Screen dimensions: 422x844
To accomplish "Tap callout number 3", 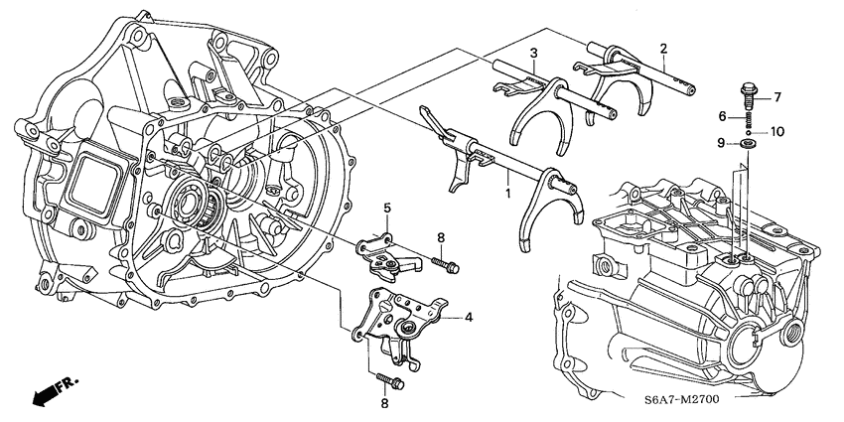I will [x=533, y=53].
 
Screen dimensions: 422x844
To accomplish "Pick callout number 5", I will [x=389, y=208].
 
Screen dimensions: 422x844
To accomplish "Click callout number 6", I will [x=724, y=116].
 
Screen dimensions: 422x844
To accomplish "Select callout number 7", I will [x=777, y=96].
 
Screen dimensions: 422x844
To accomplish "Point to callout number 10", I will [x=777, y=131].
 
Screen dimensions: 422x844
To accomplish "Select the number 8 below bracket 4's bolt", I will [x=385, y=403].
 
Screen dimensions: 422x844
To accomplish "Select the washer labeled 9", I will [x=746, y=145].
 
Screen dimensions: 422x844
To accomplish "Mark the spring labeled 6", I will [x=745, y=119].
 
